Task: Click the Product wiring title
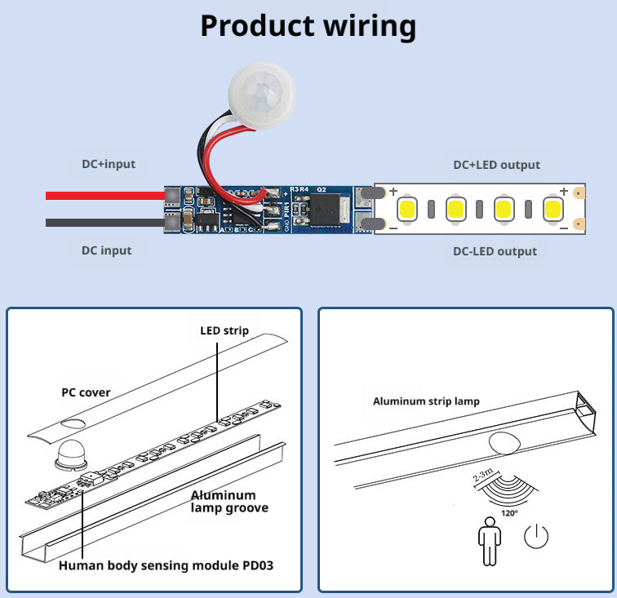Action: coord(308,26)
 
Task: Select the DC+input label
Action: coord(109,164)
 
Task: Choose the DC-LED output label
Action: coord(495,251)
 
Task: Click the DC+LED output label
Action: coord(496,165)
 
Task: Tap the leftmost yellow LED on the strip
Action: coord(408,209)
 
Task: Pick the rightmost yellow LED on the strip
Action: coord(553,209)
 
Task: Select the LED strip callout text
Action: coord(224,330)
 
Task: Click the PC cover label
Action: coord(86,392)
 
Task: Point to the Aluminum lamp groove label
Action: coord(229,501)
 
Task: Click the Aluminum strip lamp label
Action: coord(426,401)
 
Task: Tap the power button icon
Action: coord(536,536)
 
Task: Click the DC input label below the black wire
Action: coord(106,250)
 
